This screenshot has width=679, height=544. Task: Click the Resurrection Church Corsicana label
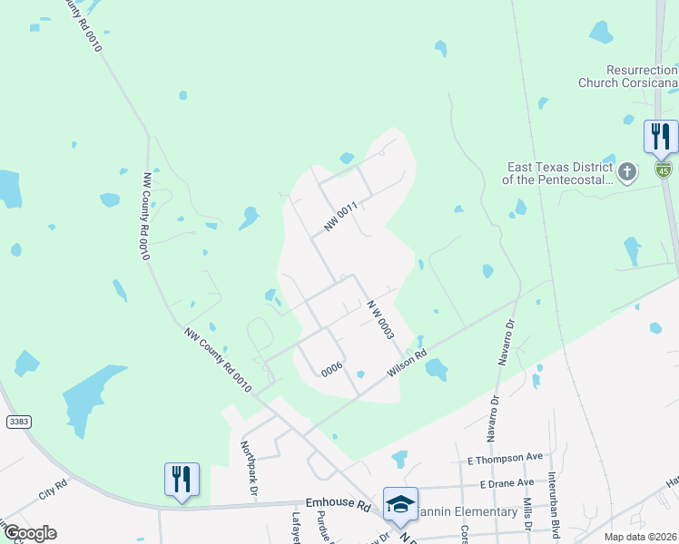[x=628, y=76]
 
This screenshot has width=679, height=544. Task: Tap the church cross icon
[x=626, y=170]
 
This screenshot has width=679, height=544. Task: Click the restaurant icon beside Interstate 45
[x=660, y=137]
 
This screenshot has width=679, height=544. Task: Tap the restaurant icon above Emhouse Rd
[x=182, y=479]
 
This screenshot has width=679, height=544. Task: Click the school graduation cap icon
[x=400, y=504]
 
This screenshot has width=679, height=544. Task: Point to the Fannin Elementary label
[x=467, y=512]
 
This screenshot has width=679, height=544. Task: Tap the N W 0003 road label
[x=380, y=319]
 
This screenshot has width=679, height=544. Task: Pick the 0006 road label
[x=331, y=368]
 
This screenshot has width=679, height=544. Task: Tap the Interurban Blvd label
[x=553, y=512]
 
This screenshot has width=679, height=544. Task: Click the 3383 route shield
[x=17, y=423]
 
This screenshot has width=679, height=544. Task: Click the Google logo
[x=30, y=533]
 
